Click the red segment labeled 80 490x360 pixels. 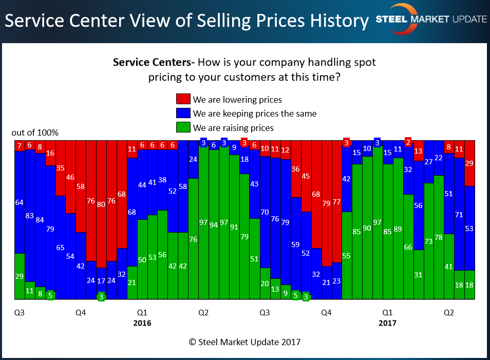101,203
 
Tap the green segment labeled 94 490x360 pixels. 214,224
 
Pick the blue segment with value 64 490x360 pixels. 20,202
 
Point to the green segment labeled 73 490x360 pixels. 428,241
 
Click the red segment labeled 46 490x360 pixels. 70,177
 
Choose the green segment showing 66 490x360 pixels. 408,247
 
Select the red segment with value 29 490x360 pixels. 469,163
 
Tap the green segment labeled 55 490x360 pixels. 347,255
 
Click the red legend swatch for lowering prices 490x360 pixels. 183,99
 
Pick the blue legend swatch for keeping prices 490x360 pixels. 183,113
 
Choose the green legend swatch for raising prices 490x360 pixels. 183,127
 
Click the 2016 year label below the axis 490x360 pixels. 142,324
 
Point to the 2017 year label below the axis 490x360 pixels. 387,324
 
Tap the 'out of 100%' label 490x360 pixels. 35,132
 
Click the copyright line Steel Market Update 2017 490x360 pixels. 244,342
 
